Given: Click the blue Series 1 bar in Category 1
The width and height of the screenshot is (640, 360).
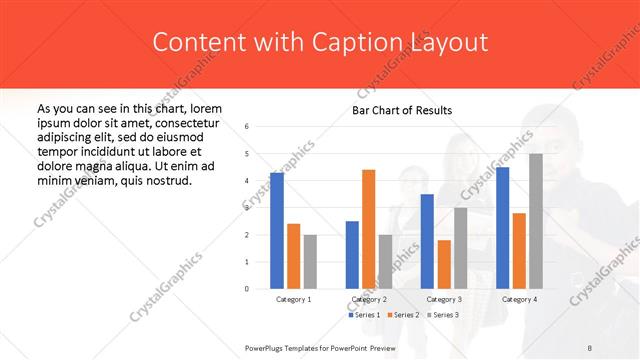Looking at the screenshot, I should (277, 231).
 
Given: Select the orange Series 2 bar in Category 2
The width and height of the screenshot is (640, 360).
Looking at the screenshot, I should (369, 229).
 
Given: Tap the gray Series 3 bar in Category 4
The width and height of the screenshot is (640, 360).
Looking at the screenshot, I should (536, 221).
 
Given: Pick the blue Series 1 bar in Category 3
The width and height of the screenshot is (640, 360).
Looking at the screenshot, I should (427, 241).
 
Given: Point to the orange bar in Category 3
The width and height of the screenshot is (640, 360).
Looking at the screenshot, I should (444, 264).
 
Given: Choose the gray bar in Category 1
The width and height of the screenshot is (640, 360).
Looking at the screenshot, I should (310, 262).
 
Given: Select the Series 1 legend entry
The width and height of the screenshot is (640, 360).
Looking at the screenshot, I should (365, 315).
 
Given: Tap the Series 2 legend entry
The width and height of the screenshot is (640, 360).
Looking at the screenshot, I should (402, 315).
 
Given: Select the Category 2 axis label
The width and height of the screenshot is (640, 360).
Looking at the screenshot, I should (369, 300).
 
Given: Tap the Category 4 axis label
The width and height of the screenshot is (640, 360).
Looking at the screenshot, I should (519, 300).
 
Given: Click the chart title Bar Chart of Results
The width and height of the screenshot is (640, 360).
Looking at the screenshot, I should (402, 110).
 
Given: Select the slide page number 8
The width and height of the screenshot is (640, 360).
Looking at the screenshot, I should (590, 347).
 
